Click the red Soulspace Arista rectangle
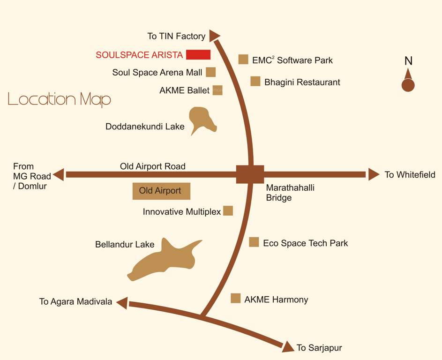pyautogui.click(x=198, y=54)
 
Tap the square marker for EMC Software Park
pyautogui.click(x=243, y=59)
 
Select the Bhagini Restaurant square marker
pyautogui.click(x=255, y=81)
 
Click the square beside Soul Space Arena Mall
pyautogui.click(x=211, y=72)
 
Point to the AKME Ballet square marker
pyautogui.click(x=217, y=90)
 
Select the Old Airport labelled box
pyautogui.click(x=161, y=191)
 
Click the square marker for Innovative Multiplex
pyautogui.click(x=228, y=210)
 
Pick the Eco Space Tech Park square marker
pyautogui.click(x=254, y=242)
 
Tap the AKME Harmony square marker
pyautogui.click(x=236, y=298)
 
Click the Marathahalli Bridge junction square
pyautogui.click(x=250, y=174)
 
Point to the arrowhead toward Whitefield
pyautogui.click(x=373, y=174)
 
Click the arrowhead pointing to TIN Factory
pyautogui.click(x=214, y=36)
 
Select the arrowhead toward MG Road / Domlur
pyautogui.click(x=59, y=175)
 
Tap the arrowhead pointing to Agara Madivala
pyautogui.click(x=122, y=303)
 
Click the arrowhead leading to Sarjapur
pyautogui.click(x=288, y=346)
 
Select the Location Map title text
pyautogui.click(x=60, y=99)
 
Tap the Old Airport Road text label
pyautogui.click(x=152, y=166)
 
